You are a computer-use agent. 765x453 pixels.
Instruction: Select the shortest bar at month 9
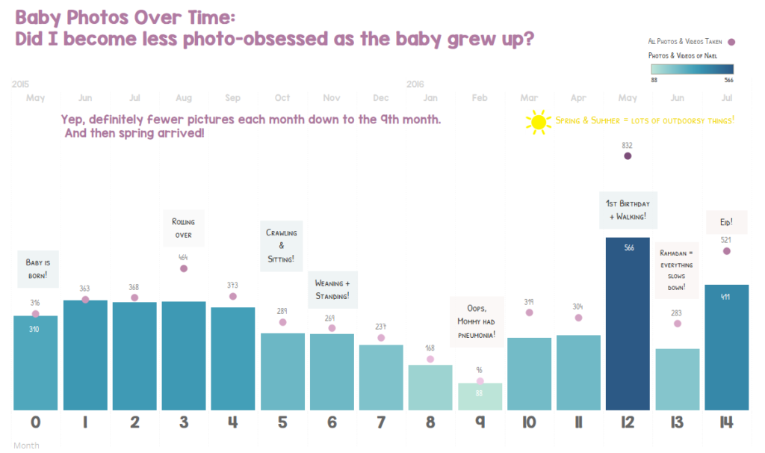[480, 397]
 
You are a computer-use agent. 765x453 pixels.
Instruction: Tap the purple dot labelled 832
[628, 156]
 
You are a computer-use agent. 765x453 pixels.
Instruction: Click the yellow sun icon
[538, 123]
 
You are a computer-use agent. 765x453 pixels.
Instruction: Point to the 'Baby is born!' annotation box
[37, 268]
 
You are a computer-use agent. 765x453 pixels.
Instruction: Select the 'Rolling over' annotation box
[183, 228]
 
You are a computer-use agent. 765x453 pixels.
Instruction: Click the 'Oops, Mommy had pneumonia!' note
[477, 321]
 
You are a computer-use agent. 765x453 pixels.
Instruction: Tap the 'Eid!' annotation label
[727, 222]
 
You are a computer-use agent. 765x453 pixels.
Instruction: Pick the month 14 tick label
[726, 423]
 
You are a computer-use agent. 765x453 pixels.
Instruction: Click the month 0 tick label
[35, 423]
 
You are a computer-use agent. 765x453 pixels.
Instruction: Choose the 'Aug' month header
[183, 98]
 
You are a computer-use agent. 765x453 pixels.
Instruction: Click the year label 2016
[416, 84]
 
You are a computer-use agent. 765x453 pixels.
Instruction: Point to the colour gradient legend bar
[692, 69]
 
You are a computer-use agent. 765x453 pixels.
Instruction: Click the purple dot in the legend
[731, 43]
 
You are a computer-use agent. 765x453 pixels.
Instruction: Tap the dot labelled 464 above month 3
[184, 268]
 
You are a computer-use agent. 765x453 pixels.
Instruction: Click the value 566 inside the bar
[628, 247]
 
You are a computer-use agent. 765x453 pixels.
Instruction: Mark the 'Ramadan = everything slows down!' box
[677, 270]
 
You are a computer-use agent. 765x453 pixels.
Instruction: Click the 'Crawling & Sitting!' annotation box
[282, 246]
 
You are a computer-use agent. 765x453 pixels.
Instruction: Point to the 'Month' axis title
[26, 446]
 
